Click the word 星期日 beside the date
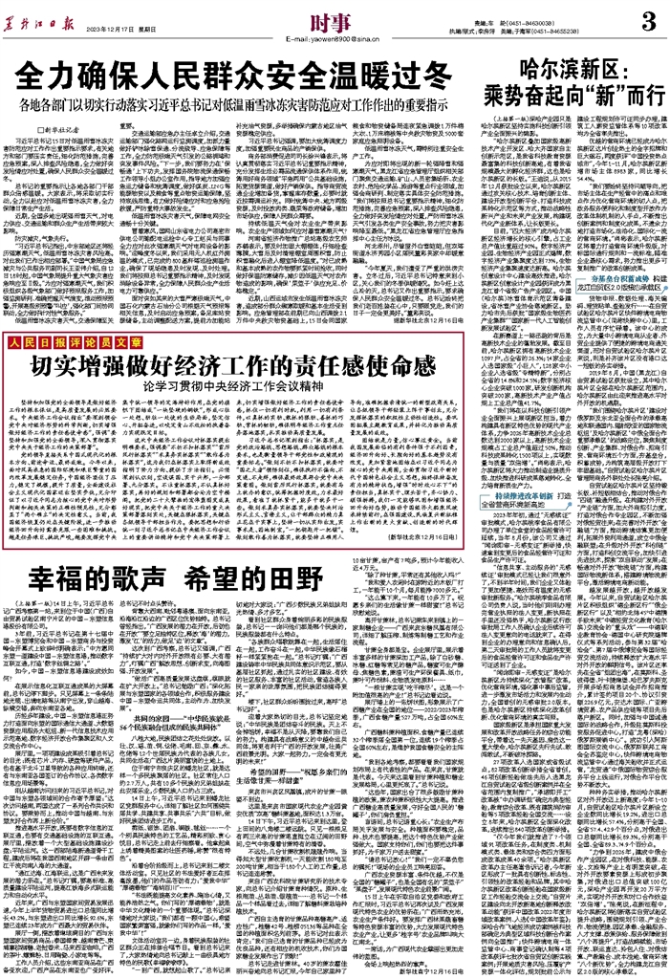point(154,29)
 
